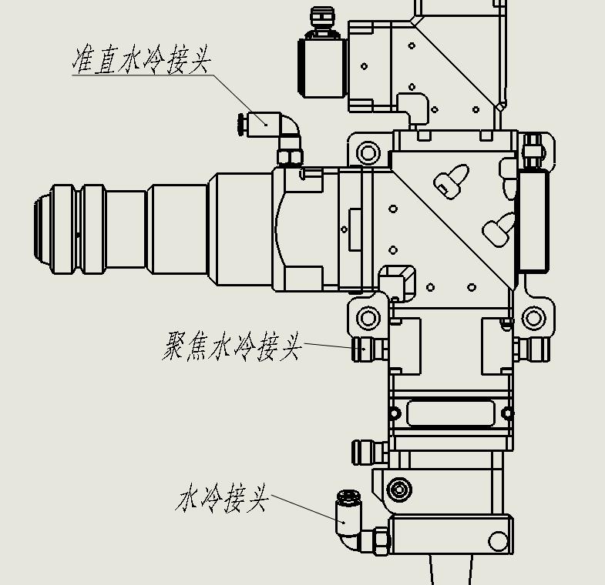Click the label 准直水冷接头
pyautogui.click(x=141, y=60)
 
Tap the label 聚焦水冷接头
pyautogui.click(x=232, y=346)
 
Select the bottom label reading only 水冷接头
pyautogui.click(x=223, y=499)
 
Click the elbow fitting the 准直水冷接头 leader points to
pyautogui.click(x=270, y=125)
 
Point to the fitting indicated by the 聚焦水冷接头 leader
pyautogui.click(x=368, y=349)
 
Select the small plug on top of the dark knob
pyautogui.click(x=321, y=21)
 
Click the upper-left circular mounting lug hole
pyautogui.click(x=368, y=152)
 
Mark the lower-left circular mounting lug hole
pyautogui.click(x=368, y=317)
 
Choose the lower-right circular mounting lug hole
pyautogui.click(x=533, y=317)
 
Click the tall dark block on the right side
pyautogui.click(x=533, y=220)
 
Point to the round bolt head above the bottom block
pyautogui.click(x=398, y=489)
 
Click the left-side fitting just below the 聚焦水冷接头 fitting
pyautogui.click(x=367, y=451)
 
